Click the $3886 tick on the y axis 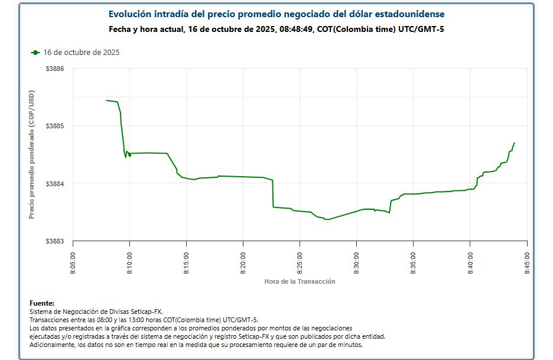pos(55,69)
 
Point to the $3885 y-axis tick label pos(55,126)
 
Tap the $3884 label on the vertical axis pos(55,183)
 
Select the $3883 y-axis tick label pos(55,241)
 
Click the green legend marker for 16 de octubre pos(35,53)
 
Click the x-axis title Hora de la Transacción pos(300,281)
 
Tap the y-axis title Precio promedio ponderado pos(32,155)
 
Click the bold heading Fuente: pos(41,303)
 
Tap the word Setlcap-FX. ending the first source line pos(145,311)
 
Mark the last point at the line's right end pos(515,142)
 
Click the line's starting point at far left pos(106,100)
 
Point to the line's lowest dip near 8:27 pos(327,219)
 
